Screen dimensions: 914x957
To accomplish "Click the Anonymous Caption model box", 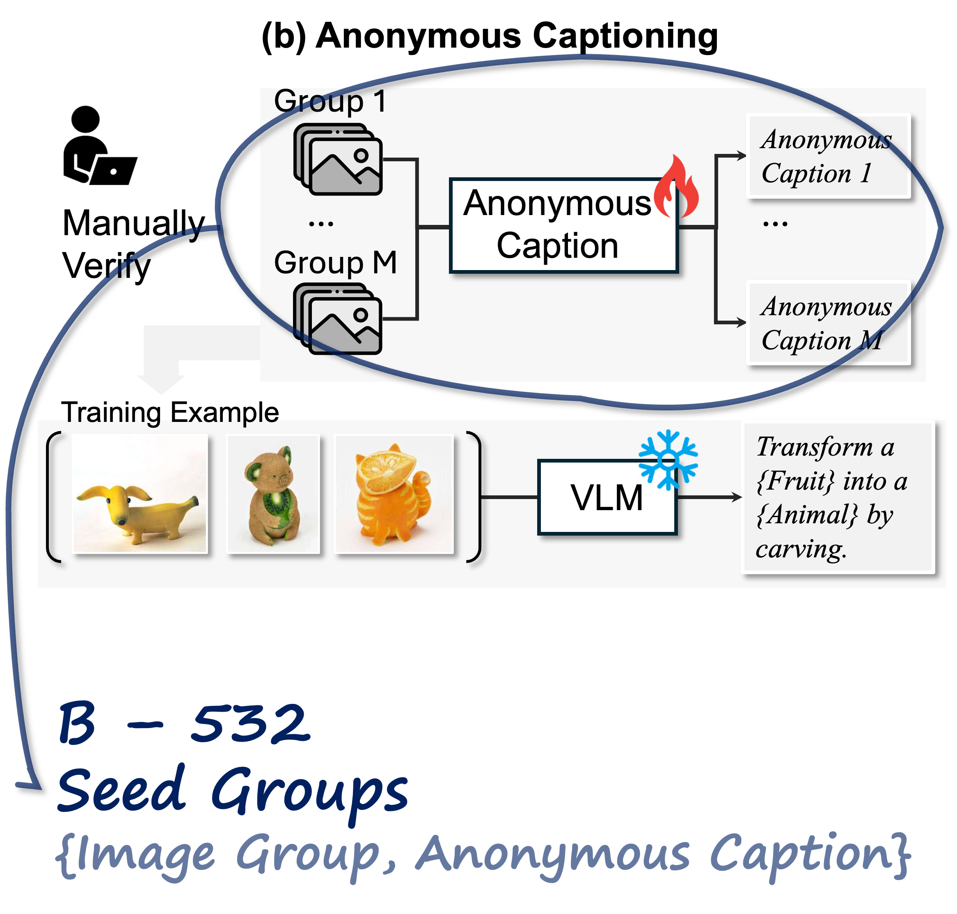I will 563,225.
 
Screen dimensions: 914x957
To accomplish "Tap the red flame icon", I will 677,188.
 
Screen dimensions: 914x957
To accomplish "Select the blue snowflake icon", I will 668,459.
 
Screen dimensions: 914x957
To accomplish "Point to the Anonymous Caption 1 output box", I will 828,156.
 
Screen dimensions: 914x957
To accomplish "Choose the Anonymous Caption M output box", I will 828,323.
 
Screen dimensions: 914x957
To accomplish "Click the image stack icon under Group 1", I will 338,159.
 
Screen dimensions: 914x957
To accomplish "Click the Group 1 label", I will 330,101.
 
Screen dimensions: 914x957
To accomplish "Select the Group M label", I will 335,263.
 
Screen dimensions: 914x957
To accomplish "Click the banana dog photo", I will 140,494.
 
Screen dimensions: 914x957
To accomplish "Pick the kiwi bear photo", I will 273,494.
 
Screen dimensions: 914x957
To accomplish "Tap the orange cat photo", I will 394,494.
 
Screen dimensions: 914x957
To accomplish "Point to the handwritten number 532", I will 250,724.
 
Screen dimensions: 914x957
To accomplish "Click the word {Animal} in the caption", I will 806,515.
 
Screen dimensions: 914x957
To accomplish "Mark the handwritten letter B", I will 76,724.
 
